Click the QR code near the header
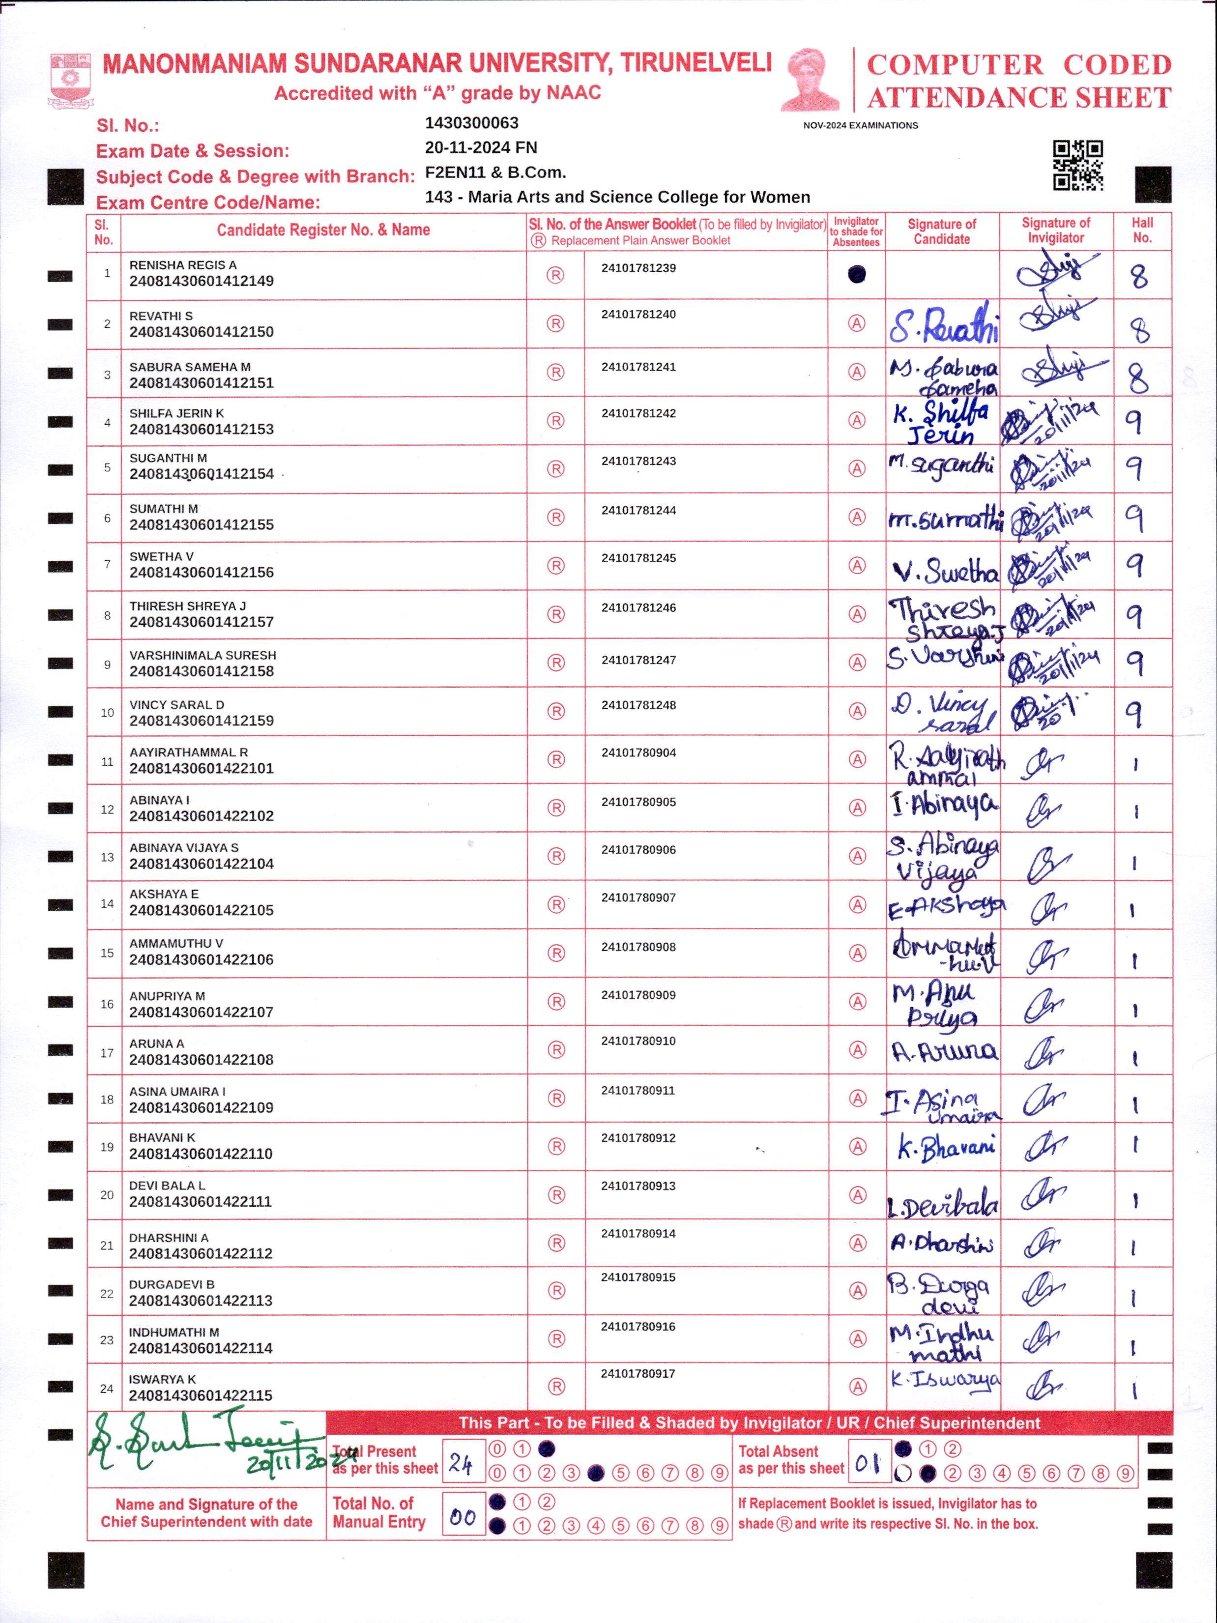point(1077,165)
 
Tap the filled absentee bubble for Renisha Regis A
point(856,274)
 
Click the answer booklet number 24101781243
point(638,461)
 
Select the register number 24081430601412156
point(201,572)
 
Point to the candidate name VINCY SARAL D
point(177,704)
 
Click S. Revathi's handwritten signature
point(943,325)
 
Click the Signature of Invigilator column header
point(1056,231)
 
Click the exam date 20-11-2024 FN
point(481,147)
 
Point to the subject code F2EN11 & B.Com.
point(495,173)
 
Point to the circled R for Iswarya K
point(556,1387)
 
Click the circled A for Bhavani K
point(857,1147)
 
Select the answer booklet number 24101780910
point(638,1041)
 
